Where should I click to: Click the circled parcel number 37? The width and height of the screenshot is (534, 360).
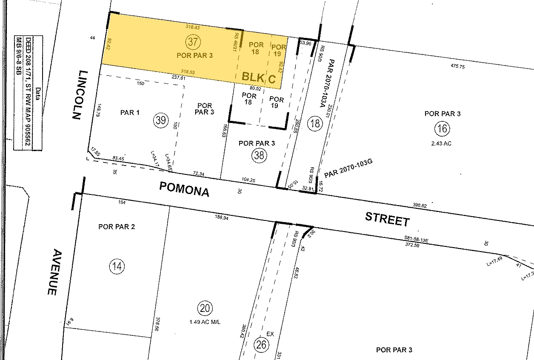(192, 42)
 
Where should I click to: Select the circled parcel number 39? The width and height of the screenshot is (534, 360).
(160, 120)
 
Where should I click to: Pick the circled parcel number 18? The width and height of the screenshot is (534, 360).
(315, 123)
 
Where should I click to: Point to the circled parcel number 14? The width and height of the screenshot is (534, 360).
(117, 267)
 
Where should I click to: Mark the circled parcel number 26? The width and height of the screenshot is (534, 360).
(261, 344)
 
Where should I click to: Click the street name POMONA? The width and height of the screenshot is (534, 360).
(185, 189)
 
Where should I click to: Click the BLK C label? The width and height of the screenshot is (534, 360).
(259, 77)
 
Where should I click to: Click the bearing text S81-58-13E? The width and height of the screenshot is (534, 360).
(416, 239)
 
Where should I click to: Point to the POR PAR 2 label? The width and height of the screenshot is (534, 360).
(117, 227)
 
